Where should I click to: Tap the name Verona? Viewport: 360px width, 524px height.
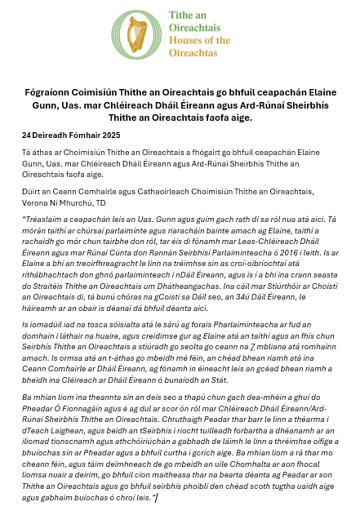click(34, 206)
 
